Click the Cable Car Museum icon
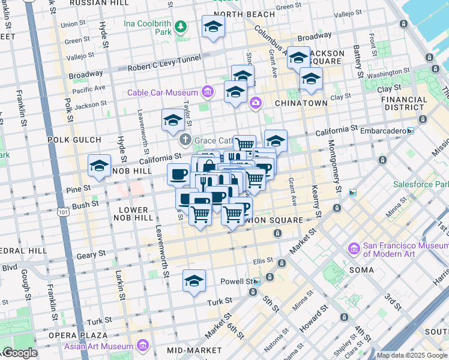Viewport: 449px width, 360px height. pos(208,92)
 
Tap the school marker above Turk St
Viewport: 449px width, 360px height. pos(194,280)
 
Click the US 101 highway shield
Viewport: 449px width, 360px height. pos(64,212)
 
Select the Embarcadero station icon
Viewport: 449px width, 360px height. pos(411,130)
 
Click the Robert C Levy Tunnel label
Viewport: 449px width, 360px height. pos(164,68)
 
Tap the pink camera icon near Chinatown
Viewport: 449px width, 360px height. pos(256,103)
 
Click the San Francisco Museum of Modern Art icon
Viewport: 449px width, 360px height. pos(354,248)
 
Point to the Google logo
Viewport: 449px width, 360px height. pos(19,353)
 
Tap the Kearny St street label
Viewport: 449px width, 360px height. pos(313,204)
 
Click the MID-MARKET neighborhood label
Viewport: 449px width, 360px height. pos(191,350)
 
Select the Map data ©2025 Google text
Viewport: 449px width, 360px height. pos(412,355)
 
